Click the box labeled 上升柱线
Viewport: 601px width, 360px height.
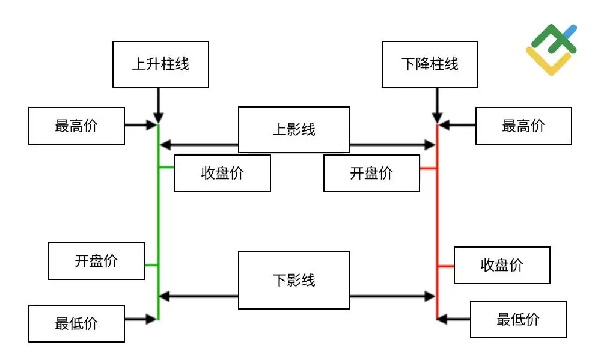pos(160,64)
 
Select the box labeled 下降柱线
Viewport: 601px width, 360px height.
pos(430,64)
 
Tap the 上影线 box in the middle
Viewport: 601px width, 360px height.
pos(294,129)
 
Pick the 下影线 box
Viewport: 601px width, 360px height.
pos(294,280)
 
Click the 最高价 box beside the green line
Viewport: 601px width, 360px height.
pos(76,126)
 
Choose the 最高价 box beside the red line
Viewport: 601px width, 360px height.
pos(523,126)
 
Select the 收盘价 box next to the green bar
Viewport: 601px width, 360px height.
pos(222,173)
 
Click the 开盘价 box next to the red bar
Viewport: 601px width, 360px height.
pos(371,173)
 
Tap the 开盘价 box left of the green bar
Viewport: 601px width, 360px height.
pos(96,261)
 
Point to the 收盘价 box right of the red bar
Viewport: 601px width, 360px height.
pos(502,265)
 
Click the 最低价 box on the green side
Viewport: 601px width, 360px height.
pos(76,324)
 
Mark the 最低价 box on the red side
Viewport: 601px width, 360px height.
pos(518,319)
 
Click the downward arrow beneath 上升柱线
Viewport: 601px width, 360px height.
pos(158,105)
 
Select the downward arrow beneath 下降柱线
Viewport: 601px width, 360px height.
pos(438,105)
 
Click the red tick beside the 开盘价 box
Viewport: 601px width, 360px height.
pos(429,169)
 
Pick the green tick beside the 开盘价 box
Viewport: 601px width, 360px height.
pos(151,264)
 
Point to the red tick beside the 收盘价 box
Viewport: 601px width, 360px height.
pos(445,266)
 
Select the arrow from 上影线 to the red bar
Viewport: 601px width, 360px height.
pos(392,145)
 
